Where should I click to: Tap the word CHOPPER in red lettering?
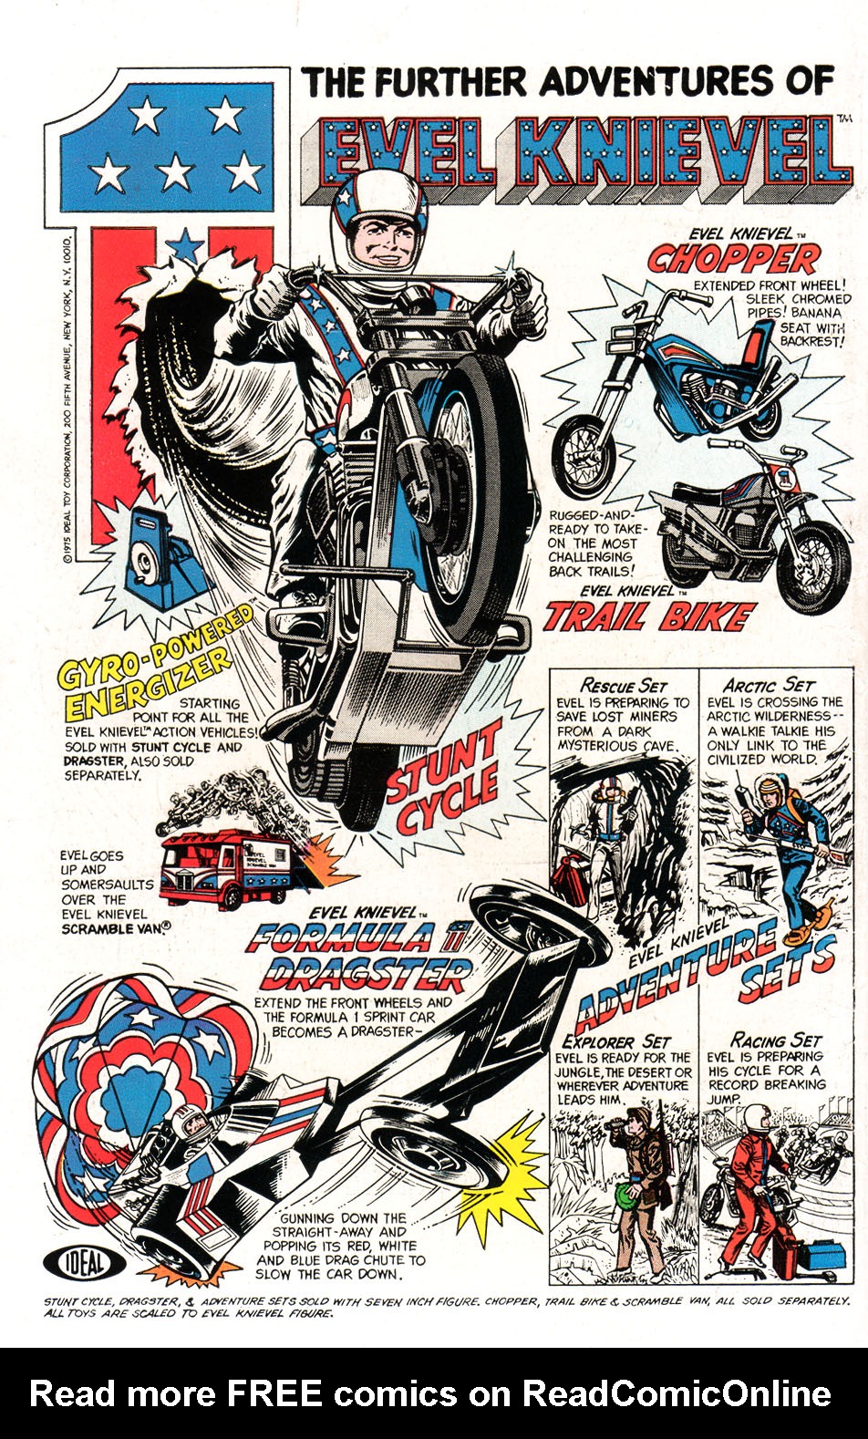click(x=733, y=259)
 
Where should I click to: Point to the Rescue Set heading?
click(x=625, y=685)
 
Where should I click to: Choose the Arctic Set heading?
click(x=768, y=685)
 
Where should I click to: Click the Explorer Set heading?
click(x=616, y=1040)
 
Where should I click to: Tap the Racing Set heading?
click(x=776, y=1040)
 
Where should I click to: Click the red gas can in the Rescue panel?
click(x=571, y=881)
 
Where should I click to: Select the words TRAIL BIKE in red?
click(x=648, y=617)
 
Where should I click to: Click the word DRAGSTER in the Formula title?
click(x=366, y=975)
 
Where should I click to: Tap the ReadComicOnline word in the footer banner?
click(x=676, y=1393)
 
